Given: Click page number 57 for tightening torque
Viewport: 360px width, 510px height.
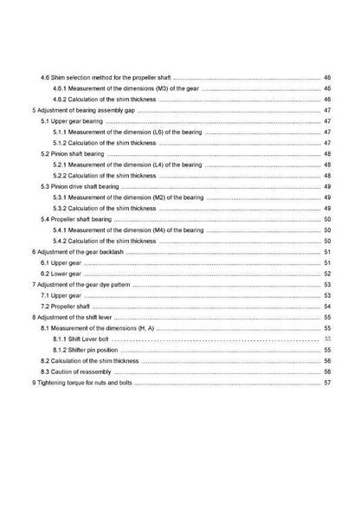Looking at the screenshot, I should (328, 383).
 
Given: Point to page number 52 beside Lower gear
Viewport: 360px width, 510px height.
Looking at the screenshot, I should (328, 274).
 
